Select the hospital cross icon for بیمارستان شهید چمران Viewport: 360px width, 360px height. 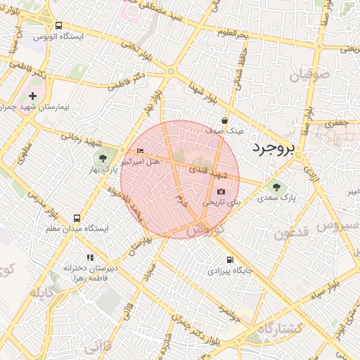click(33, 95)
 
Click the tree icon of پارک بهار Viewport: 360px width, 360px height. click(103, 157)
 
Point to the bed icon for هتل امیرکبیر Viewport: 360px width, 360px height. click(140, 151)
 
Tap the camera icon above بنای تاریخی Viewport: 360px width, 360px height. click(221, 191)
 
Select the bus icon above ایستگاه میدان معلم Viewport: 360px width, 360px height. click(77, 218)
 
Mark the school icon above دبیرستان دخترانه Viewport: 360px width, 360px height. click(89, 257)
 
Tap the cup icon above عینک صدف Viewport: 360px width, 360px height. click(224, 120)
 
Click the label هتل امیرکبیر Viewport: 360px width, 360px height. click(140, 162)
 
